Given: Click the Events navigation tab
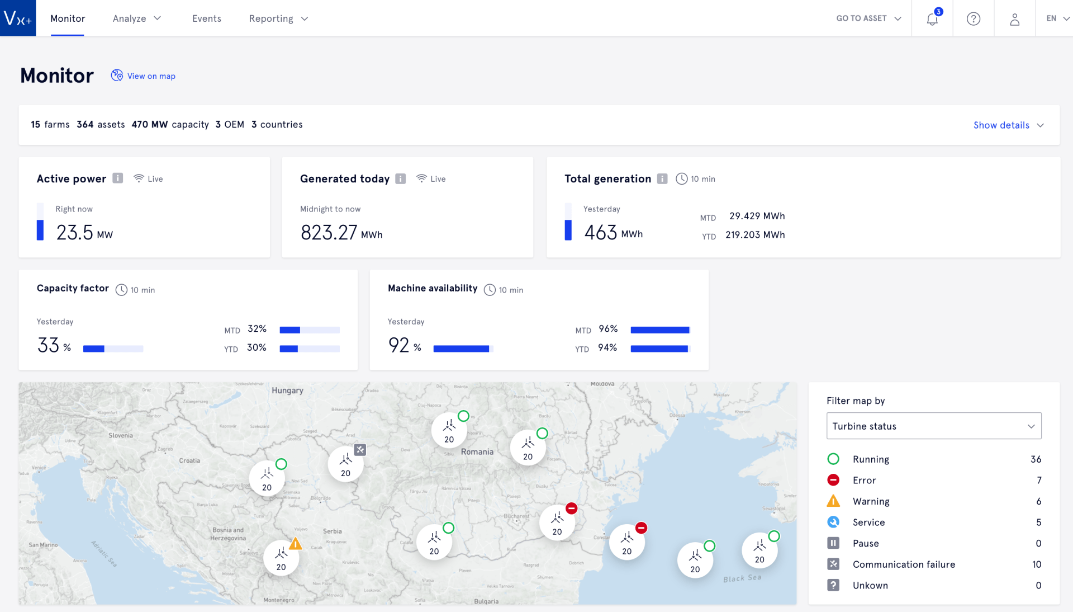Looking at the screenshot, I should point(206,18).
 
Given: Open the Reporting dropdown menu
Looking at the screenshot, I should point(278,18).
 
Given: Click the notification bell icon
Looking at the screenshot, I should point(932,19).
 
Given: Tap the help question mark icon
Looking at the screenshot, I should point(973,19).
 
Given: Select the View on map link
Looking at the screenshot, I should point(151,76).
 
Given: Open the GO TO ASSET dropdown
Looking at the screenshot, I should point(868,18).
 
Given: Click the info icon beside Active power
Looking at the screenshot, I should point(117,178).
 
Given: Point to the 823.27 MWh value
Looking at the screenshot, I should point(341,232).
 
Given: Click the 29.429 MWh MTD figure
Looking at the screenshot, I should point(757,216).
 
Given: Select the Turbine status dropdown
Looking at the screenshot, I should point(933,426).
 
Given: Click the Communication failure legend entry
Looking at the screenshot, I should point(903,564).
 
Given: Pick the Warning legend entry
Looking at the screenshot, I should point(870,501).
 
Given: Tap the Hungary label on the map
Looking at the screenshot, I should point(287,390).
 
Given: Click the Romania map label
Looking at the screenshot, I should point(477,451).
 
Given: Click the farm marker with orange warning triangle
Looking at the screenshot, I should point(281,557).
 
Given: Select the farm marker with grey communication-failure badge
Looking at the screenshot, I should point(346,464).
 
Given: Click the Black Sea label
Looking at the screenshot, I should point(742,578).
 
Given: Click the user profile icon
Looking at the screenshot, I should point(1014,19).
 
